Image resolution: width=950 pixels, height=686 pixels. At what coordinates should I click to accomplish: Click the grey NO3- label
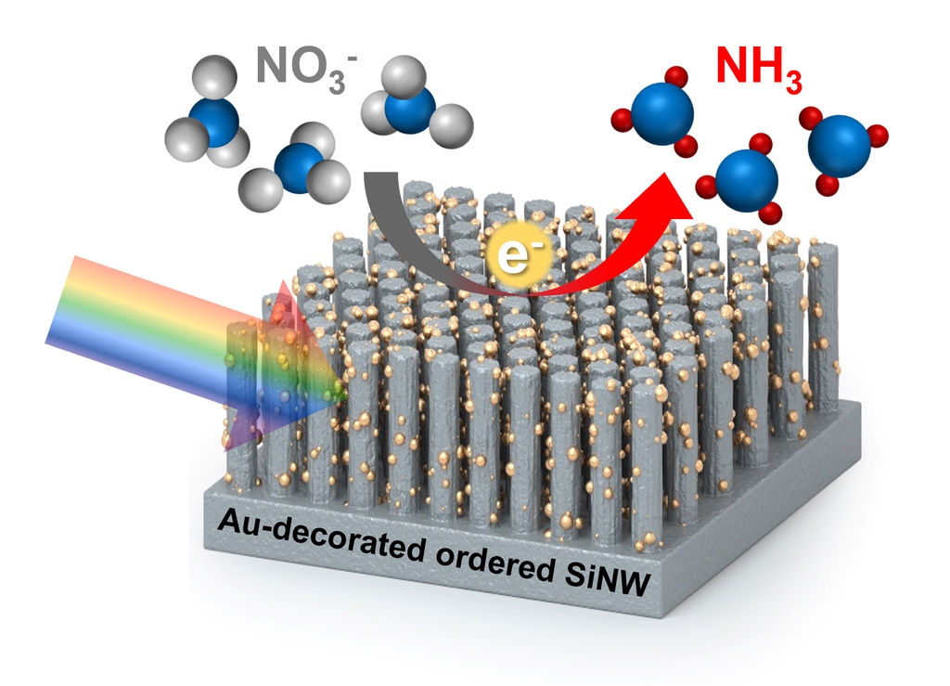point(302,71)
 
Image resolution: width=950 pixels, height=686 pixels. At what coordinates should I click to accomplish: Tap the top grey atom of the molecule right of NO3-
point(399,71)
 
